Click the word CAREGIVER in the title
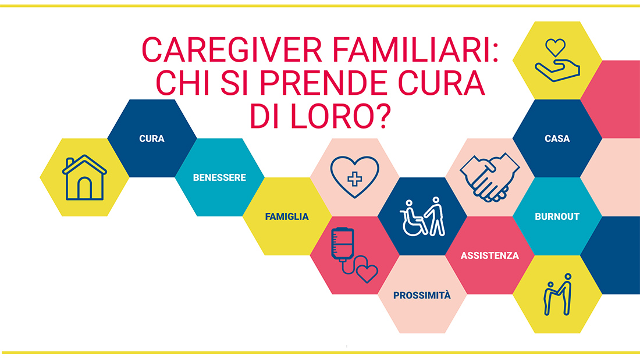pyautogui.click(x=232, y=50)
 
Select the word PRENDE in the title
pyautogui.click(x=325, y=83)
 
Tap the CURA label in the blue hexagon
pyautogui.click(x=152, y=139)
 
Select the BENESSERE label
pyautogui.click(x=219, y=177)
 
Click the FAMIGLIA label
pyautogui.click(x=287, y=217)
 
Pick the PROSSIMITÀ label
pyautogui.click(x=422, y=295)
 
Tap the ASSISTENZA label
pyautogui.click(x=490, y=255)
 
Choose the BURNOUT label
pyautogui.click(x=557, y=217)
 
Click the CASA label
pyautogui.click(x=557, y=139)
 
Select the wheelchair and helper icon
pyautogui.click(x=422, y=217)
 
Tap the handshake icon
pyautogui.click(x=490, y=177)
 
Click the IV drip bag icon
pyautogui.click(x=342, y=244)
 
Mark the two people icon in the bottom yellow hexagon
pyautogui.click(x=558, y=295)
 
